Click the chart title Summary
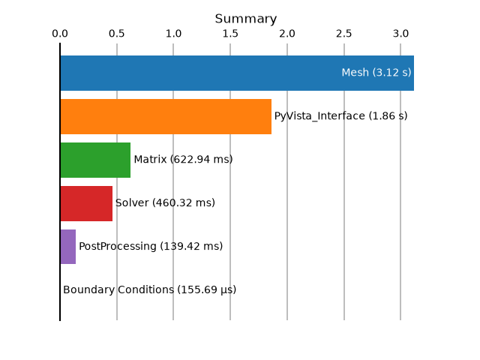pyautogui.click(x=246, y=19)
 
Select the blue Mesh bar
pyautogui.click(x=237, y=73)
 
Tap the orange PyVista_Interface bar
pyautogui.click(x=166, y=117)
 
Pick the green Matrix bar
pyautogui.click(x=95, y=160)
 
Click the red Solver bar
pyautogui.click(x=86, y=203)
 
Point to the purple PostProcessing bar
pyautogui.click(x=68, y=247)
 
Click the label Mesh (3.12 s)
pyautogui.click(x=376, y=73)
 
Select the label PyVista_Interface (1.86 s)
pyautogui.click(x=340, y=116)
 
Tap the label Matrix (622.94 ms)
pyautogui.click(x=183, y=160)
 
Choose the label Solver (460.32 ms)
pyautogui.click(x=165, y=203)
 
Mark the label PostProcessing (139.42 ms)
pyautogui.click(x=151, y=247)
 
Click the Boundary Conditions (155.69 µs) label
pyautogui.click(x=149, y=290)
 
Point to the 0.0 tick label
pyautogui.click(x=60, y=33)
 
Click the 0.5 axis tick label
pyautogui.click(x=117, y=33)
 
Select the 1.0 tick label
pyautogui.click(x=173, y=33)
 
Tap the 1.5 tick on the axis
pyautogui.click(x=230, y=33)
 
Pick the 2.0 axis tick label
pyautogui.click(x=287, y=33)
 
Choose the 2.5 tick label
pyautogui.click(x=343, y=33)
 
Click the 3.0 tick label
pyautogui.click(x=400, y=33)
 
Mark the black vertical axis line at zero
pyautogui.click(x=60, y=181)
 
